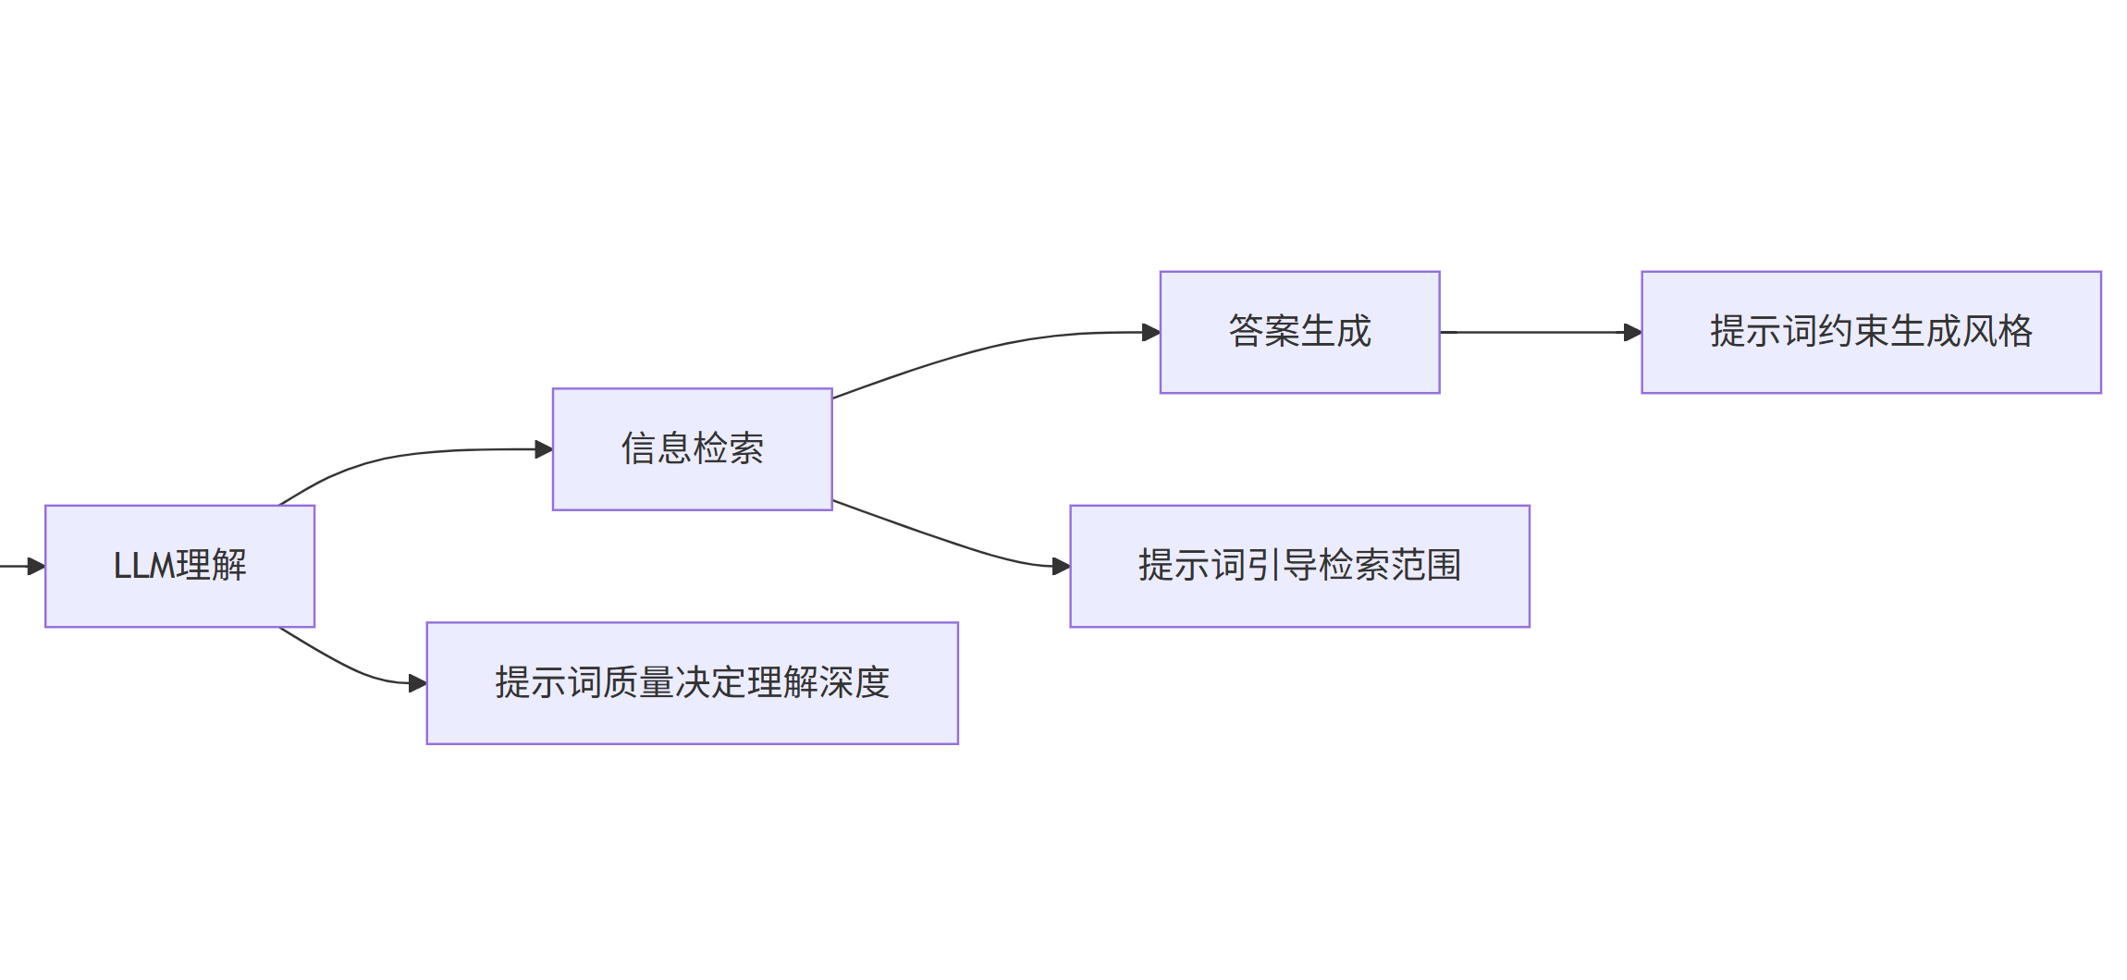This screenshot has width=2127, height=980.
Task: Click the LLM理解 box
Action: point(179,566)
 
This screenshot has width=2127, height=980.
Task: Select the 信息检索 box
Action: point(692,449)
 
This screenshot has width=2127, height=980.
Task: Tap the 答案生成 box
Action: point(1299,332)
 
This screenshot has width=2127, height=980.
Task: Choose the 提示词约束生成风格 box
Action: point(1871,332)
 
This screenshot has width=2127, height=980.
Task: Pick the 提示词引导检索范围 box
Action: point(1299,566)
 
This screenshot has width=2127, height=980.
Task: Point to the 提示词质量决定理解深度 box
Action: point(692,683)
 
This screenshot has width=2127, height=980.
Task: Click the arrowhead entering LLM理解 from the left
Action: point(37,566)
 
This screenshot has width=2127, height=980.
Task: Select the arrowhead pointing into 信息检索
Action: point(544,449)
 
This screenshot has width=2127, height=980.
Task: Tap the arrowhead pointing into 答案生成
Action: point(1151,332)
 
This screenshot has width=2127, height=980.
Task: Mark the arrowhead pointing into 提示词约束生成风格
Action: point(1632,332)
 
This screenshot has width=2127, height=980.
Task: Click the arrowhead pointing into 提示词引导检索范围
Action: point(1061,566)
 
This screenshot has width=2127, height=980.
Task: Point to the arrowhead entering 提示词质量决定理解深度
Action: point(417,683)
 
